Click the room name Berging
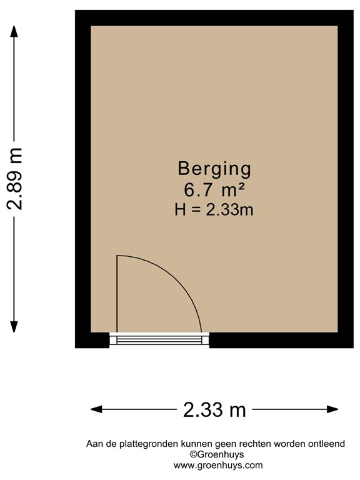coord(214,169)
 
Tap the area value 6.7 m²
coord(214,189)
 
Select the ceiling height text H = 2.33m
coord(214,210)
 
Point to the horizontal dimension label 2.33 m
coord(214,410)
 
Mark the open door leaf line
coord(117,294)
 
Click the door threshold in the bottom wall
coord(159,339)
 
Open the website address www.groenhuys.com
coord(217,465)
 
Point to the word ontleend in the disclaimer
coord(326,444)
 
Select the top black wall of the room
coord(214,17)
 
